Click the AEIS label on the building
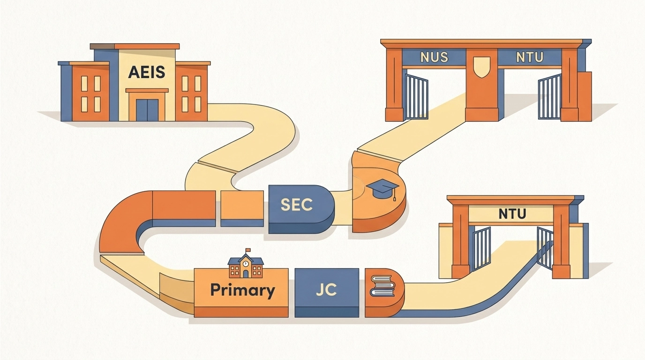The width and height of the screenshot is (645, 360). (147, 73)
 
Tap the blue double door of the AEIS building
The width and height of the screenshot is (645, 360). (147, 110)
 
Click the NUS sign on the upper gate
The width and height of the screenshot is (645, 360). (434, 58)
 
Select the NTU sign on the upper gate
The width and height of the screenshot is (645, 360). (529, 58)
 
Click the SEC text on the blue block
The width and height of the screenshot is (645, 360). (297, 205)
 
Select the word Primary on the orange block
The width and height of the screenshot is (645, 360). (242, 290)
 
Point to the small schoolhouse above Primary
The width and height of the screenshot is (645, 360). (246, 266)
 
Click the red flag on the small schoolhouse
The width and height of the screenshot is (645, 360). (248, 250)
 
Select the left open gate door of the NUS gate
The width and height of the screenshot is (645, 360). (416, 97)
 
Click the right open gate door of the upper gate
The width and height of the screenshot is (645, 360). (550, 97)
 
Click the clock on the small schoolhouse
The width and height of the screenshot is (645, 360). (246, 264)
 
